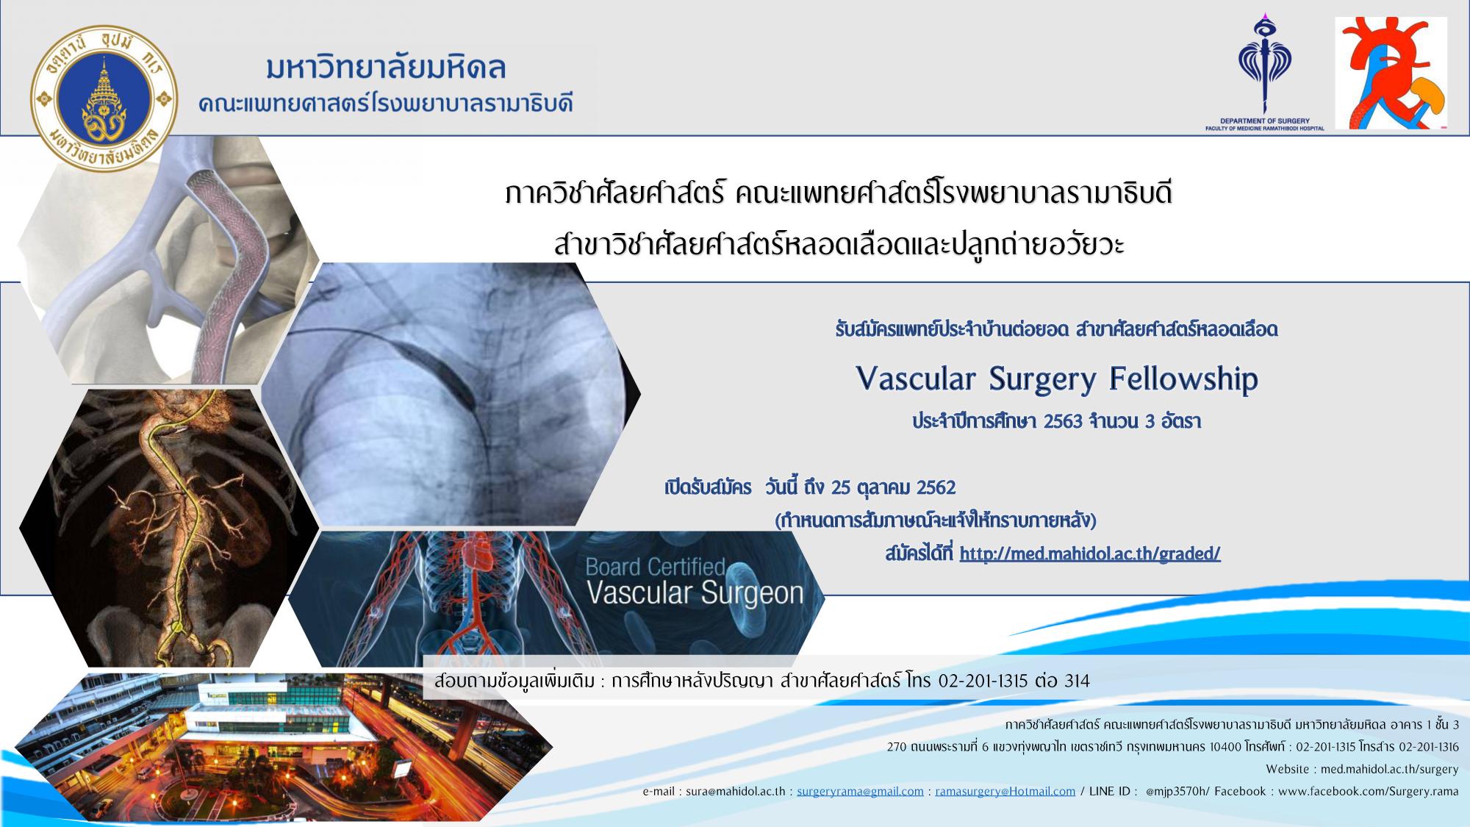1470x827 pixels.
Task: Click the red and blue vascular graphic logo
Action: tap(1391, 74)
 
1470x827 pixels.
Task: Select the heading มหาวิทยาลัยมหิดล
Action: tap(387, 68)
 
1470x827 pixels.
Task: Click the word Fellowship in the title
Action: tap(1183, 379)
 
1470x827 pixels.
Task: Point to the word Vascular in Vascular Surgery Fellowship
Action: tap(916, 379)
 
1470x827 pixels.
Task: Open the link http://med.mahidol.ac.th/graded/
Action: tap(1090, 554)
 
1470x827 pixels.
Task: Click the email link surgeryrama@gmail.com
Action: tap(860, 792)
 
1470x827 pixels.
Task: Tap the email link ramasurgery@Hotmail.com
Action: tap(1005, 792)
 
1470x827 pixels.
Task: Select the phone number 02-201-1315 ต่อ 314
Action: tap(1014, 681)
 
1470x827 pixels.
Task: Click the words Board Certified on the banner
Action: tap(655, 567)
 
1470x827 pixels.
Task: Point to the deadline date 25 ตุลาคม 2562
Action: tap(893, 487)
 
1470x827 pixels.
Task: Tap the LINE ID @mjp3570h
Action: tap(1177, 792)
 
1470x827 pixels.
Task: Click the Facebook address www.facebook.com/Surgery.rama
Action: tap(1369, 792)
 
